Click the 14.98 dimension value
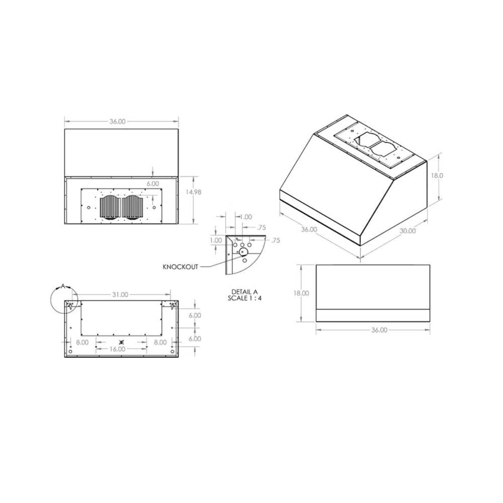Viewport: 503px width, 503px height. [193, 192]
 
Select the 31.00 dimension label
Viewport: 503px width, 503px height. [120, 295]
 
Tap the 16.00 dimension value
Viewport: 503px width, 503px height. [117, 349]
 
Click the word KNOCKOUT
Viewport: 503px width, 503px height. [180, 267]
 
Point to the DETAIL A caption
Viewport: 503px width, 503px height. [244, 292]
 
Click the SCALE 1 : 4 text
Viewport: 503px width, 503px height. [244, 298]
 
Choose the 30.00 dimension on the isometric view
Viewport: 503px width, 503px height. [407, 231]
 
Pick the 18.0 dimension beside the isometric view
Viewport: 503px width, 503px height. [437, 176]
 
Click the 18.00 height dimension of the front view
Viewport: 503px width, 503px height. [301, 293]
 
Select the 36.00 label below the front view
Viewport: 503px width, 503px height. [379, 330]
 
